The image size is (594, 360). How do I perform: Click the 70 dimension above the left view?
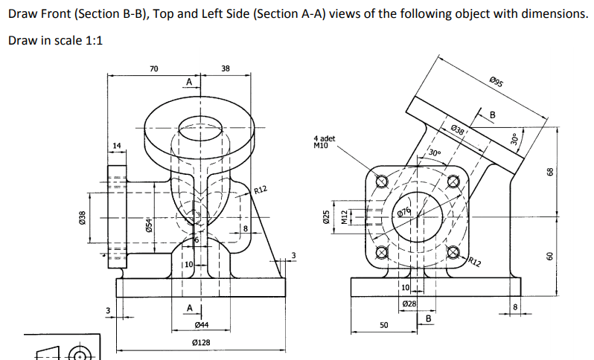(153, 68)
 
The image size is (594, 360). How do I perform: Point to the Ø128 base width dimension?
(200, 343)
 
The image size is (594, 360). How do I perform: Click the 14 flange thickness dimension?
(115, 144)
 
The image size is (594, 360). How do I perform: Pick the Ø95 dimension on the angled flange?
(497, 82)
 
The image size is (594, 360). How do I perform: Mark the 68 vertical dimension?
(550, 171)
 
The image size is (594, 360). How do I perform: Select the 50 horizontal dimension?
(384, 326)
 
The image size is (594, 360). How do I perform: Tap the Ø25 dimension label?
(326, 216)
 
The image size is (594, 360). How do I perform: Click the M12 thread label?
(343, 217)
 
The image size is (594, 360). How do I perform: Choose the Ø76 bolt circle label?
(404, 213)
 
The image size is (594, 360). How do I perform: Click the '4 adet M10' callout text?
(325, 142)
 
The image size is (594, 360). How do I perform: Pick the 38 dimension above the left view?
(226, 68)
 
